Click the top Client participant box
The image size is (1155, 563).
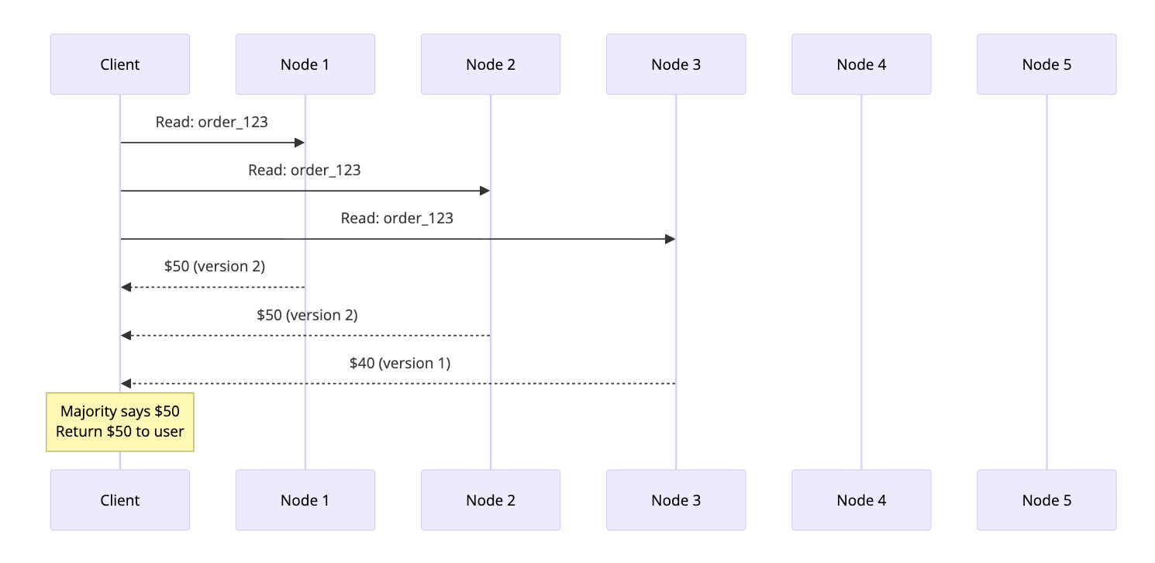(x=120, y=64)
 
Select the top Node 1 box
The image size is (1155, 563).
(x=305, y=64)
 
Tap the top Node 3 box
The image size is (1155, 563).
(x=675, y=64)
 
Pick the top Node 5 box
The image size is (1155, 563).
(x=1046, y=64)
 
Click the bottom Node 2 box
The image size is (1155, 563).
(x=490, y=500)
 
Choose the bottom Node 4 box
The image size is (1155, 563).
(x=861, y=500)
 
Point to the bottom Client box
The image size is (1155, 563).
(x=120, y=500)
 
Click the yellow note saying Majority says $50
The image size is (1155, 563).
(x=120, y=422)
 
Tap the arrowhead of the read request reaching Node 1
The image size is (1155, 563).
(x=299, y=143)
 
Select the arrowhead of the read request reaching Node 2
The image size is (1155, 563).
(x=484, y=191)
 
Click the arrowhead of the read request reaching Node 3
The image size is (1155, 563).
(x=670, y=239)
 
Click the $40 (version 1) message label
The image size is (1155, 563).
(x=399, y=363)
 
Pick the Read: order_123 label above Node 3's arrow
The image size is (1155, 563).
(x=397, y=218)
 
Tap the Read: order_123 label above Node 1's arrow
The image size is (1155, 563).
(x=212, y=122)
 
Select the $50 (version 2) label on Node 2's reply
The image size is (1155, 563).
(x=307, y=315)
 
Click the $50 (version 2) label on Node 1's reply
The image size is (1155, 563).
(x=215, y=266)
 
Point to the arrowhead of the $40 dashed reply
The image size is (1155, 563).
(x=126, y=384)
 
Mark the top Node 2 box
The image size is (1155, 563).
(x=490, y=64)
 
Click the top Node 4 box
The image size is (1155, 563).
(x=861, y=64)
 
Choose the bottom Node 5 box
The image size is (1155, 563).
(x=1046, y=500)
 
